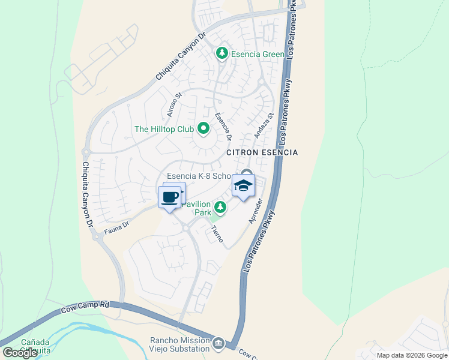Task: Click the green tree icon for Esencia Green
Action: tap(222, 54)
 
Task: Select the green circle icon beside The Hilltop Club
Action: tap(203, 128)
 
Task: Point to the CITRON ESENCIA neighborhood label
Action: tap(262, 152)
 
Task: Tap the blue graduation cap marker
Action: tap(243, 187)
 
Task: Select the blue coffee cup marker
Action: tap(170, 197)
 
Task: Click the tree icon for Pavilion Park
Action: tap(220, 208)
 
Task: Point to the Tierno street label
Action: tap(217, 235)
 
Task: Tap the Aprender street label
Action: tap(256, 211)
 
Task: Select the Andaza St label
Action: tap(264, 125)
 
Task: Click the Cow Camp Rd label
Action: tap(85, 307)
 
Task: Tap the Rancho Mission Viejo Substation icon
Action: tap(218, 344)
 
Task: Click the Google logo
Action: tap(20, 352)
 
